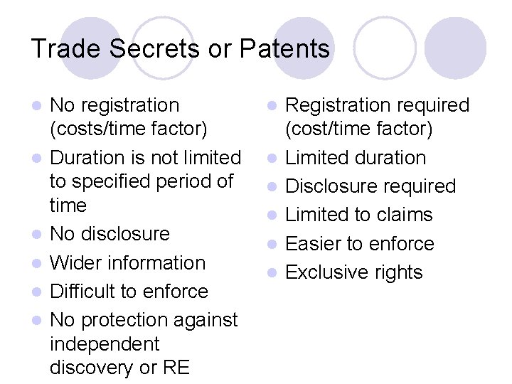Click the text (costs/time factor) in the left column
(x=129, y=129)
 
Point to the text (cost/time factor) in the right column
(x=358, y=129)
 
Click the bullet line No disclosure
(x=110, y=234)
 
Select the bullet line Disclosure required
(x=370, y=186)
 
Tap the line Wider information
(x=127, y=262)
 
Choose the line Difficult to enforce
(x=129, y=292)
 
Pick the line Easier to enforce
(x=359, y=244)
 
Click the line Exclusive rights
(x=353, y=272)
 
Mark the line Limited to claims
(x=358, y=215)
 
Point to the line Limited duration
(x=356, y=158)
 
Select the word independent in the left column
(x=105, y=344)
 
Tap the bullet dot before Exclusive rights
(x=274, y=273)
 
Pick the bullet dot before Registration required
(x=274, y=106)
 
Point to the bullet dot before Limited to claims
(x=274, y=215)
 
